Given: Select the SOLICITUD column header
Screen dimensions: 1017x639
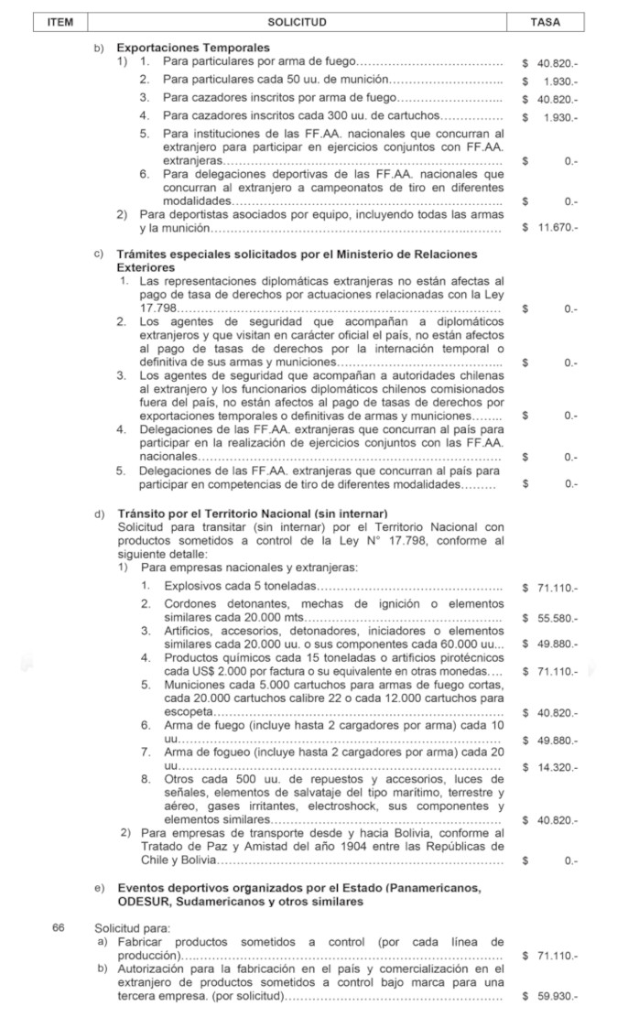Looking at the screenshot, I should (297, 21).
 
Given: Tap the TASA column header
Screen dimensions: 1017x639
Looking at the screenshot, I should (546, 21).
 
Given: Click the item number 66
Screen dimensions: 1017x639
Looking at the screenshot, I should (59, 928).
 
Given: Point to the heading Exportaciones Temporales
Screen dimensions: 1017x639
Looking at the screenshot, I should (193, 47).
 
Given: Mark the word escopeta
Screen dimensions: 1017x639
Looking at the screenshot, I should (189, 712).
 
